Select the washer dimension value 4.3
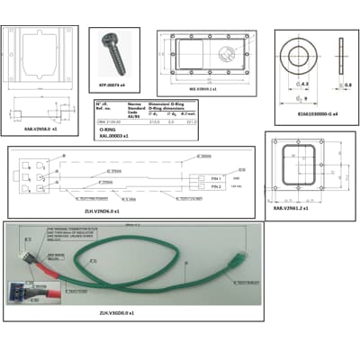tap(305, 84)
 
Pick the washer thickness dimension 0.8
tap(348, 85)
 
